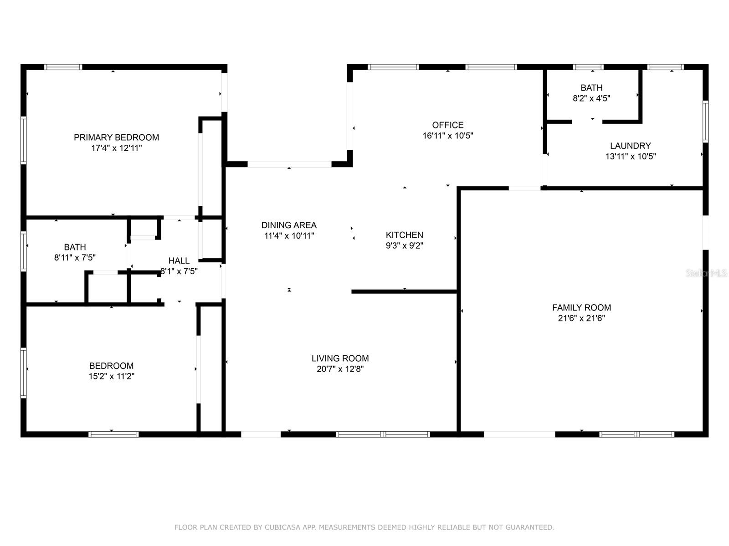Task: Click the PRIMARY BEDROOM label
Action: pyautogui.click(x=116, y=138)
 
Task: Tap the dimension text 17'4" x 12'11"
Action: pyautogui.click(x=117, y=148)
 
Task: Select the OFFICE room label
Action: pyautogui.click(x=448, y=125)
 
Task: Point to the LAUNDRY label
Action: pyautogui.click(x=631, y=146)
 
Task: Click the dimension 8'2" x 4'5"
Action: pyautogui.click(x=591, y=98)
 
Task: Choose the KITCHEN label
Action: pyautogui.click(x=404, y=235)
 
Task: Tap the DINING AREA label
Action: pyautogui.click(x=289, y=225)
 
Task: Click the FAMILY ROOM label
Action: pyautogui.click(x=581, y=308)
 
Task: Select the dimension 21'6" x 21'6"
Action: pyautogui.click(x=581, y=318)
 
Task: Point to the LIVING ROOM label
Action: pyautogui.click(x=340, y=358)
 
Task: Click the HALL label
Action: pyautogui.click(x=179, y=260)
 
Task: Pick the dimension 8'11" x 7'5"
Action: pyautogui.click(x=75, y=258)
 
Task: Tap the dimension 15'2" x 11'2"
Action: pyautogui.click(x=111, y=377)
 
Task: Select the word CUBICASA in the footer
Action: pyautogui.click(x=282, y=527)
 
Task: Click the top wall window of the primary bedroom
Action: pyautogui.click(x=63, y=67)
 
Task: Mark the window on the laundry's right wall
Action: pyautogui.click(x=706, y=122)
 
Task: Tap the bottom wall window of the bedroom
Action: pyautogui.click(x=113, y=434)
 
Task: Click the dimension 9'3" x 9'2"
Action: pyautogui.click(x=405, y=245)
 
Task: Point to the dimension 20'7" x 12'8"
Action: pyautogui.click(x=340, y=369)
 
